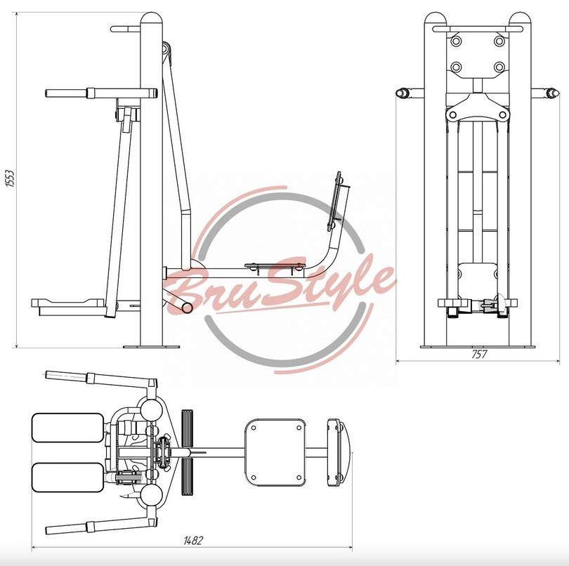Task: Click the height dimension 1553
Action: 11,178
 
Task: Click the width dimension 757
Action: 479,354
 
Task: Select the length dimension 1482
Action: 192,541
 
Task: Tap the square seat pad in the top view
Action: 275,453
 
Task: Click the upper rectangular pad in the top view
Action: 68,428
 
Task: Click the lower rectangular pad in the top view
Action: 68,478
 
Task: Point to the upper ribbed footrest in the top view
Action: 188,428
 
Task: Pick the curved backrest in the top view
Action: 337,453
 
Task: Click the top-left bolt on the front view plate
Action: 456,41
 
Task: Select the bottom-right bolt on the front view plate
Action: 499,67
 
